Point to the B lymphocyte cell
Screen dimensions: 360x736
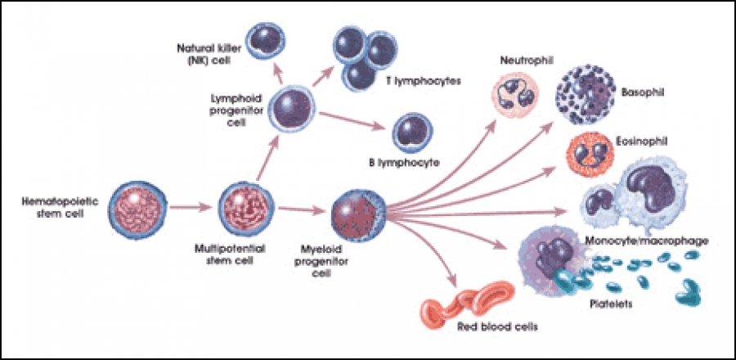coord(412,132)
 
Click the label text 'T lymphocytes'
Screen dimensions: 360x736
coord(414,82)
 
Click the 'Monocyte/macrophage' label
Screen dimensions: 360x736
coord(646,241)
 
